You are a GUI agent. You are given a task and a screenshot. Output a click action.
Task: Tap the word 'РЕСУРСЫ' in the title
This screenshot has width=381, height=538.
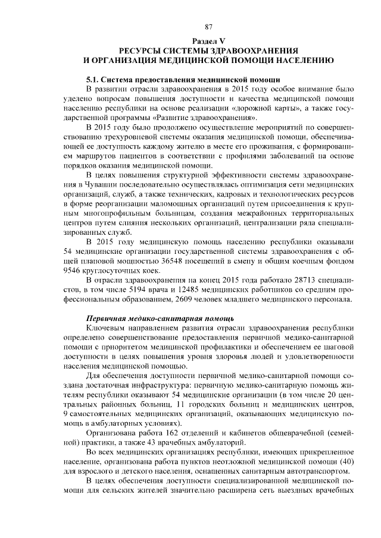click(146, 51)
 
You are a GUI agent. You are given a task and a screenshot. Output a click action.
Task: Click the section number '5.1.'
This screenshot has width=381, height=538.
click(93, 79)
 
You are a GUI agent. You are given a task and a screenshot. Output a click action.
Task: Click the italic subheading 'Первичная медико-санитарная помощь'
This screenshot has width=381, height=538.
click(156, 318)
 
